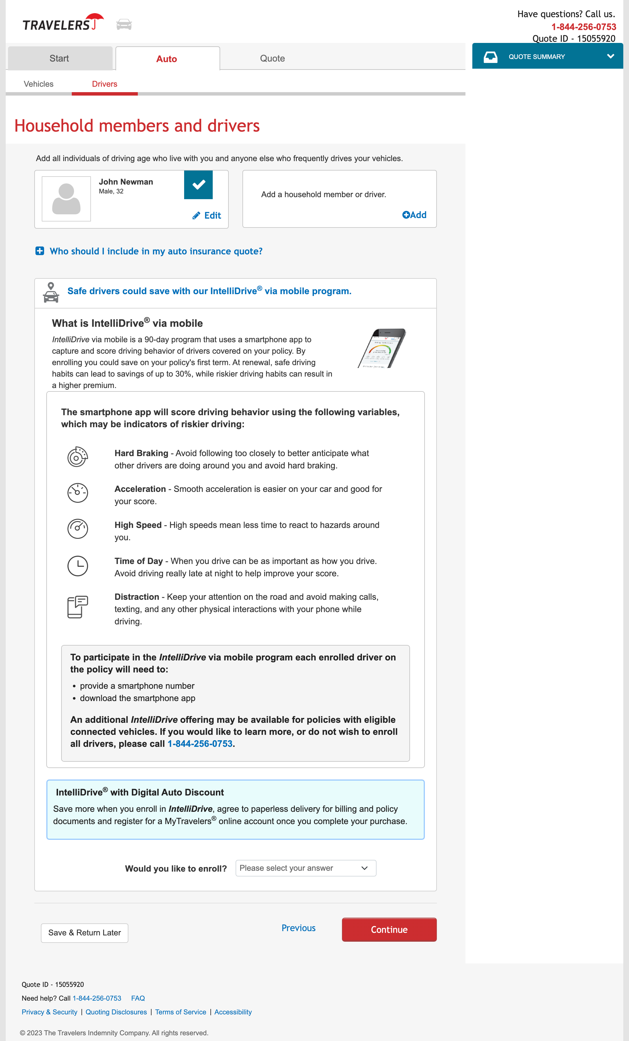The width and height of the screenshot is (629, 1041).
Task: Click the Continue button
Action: [x=389, y=929]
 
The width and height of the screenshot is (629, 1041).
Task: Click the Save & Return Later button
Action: [x=84, y=933]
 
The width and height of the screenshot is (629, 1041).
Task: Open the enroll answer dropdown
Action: [x=306, y=868]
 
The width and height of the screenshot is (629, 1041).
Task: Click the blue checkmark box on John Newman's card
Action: [x=198, y=185]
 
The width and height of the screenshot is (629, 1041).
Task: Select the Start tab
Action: [x=59, y=58]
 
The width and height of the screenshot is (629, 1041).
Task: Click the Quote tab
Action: [x=272, y=58]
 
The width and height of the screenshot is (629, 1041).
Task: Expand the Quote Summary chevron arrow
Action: [x=610, y=56]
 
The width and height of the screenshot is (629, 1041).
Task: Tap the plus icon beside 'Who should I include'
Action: [x=40, y=251]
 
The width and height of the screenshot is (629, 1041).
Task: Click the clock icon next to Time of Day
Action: [x=78, y=566]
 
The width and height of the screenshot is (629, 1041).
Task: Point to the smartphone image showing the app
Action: [x=382, y=349]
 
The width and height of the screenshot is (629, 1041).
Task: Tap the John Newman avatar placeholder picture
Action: [x=66, y=199]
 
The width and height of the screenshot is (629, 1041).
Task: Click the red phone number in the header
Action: [x=584, y=27]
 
